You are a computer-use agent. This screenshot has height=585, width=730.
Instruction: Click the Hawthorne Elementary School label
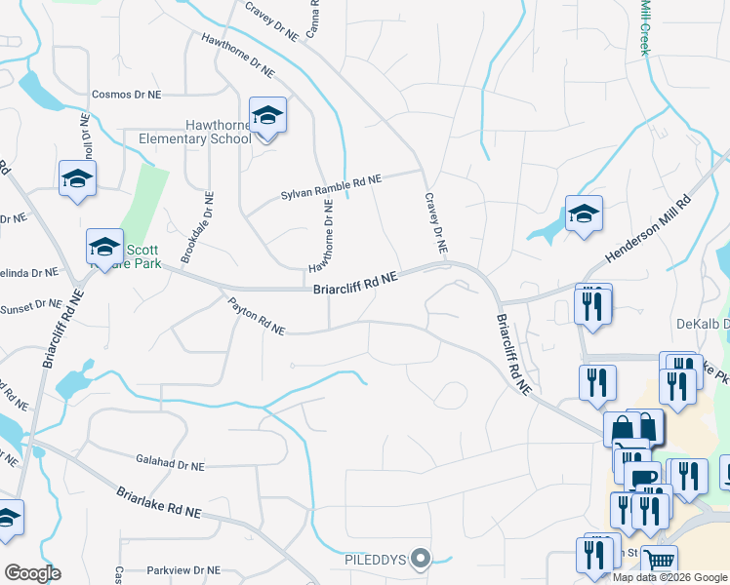point(208,132)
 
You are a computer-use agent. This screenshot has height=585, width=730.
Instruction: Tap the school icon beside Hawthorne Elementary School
point(267,117)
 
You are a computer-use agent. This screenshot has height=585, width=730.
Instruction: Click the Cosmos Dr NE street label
point(126,95)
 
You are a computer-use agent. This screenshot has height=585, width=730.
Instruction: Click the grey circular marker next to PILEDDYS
point(421,559)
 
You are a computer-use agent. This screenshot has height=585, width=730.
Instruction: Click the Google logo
point(32,573)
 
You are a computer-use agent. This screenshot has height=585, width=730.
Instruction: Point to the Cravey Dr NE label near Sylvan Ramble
point(435,224)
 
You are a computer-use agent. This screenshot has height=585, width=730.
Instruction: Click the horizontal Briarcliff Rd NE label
point(355,284)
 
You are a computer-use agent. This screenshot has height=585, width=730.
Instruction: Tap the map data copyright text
point(669,577)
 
